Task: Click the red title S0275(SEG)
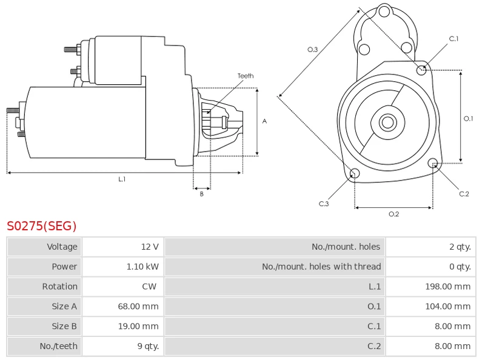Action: pyautogui.click(x=42, y=227)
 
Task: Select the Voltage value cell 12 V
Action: pyautogui.click(x=149, y=247)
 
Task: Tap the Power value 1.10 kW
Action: pyautogui.click(x=143, y=267)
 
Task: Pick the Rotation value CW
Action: pyautogui.click(x=149, y=287)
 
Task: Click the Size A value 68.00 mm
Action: pyautogui.click(x=138, y=307)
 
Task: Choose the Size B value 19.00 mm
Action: pyautogui.click(x=138, y=327)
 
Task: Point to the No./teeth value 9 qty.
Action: pyautogui.click(x=145, y=347)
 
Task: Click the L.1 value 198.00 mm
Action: pyautogui.click(x=447, y=287)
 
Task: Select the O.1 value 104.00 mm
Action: pyautogui.click(x=447, y=307)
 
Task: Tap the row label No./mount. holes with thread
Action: pyautogui.click(x=321, y=267)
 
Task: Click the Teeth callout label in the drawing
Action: pyautogui.click(x=246, y=76)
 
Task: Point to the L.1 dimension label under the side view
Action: pyautogui.click(x=122, y=179)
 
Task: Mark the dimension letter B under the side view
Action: pyautogui.click(x=202, y=194)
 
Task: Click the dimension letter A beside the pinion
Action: pyautogui.click(x=264, y=121)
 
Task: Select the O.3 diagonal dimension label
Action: pyautogui.click(x=313, y=50)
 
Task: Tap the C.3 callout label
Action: pyautogui.click(x=324, y=204)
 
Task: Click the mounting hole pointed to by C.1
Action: pyautogui.click(x=421, y=70)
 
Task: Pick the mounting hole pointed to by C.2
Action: pyautogui.click(x=433, y=163)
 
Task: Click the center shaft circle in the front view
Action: pyautogui.click(x=387, y=122)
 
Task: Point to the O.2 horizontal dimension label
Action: pyautogui.click(x=393, y=214)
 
